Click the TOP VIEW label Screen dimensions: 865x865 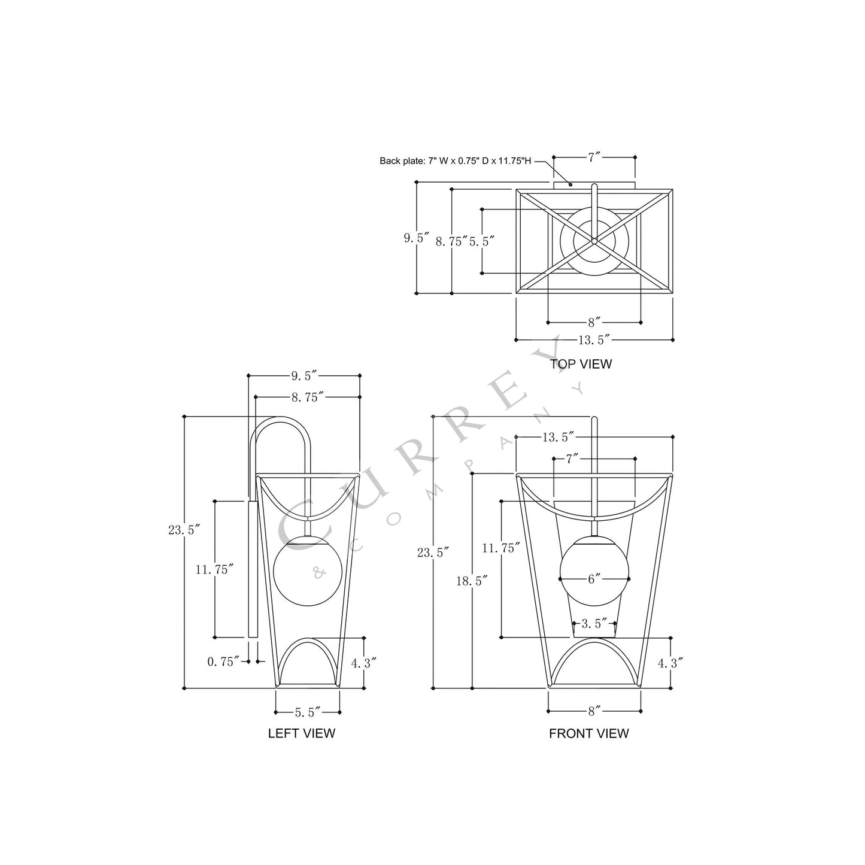click(x=581, y=363)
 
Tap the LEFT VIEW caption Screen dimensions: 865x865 click(x=301, y=733)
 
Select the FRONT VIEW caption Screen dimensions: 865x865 click(x=588, y=733)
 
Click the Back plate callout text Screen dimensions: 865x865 click(x=455, y=161)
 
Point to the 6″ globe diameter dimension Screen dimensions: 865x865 click(x=594, y=579)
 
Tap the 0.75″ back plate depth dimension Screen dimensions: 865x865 click(x=223, y=661)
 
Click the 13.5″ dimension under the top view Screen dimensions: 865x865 click(x=594, y=340)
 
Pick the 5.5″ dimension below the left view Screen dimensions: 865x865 click(x=307, y=712)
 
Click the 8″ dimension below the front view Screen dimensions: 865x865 click(x=594, y=711)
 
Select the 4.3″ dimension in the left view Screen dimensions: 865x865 click(x=363, y=663)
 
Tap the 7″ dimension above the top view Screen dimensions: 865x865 click(x=594, y=157)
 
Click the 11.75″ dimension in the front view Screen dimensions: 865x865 click(x=501, y=548)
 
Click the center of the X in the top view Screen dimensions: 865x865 click(x=594, y=241)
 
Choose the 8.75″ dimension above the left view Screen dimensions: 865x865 click(x=307, y=396)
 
